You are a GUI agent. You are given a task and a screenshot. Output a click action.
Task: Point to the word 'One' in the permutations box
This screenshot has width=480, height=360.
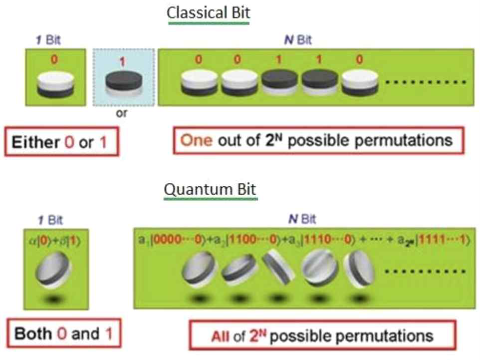(197, 140)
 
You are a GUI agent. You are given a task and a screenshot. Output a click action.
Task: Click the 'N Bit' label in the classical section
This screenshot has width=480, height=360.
(297, 40)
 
